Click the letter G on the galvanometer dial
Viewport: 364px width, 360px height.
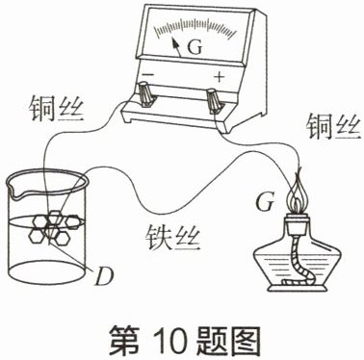(195, 47)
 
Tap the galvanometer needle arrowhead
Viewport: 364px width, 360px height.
(175, 42)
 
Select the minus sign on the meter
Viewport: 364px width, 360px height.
(148, 74)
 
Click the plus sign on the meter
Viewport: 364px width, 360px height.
(220, 77)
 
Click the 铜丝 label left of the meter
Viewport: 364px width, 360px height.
(57, 109)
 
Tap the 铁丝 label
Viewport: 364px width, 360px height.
(172, 238)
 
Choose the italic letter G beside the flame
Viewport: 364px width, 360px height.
(265, 202)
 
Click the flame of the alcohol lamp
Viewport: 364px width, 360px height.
(298, 193)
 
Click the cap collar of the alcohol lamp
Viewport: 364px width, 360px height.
(298, 224)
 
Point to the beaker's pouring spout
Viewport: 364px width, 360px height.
(13, 191)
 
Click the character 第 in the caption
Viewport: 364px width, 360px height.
(124, 341)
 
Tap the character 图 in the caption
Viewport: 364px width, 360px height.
(244, 341)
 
